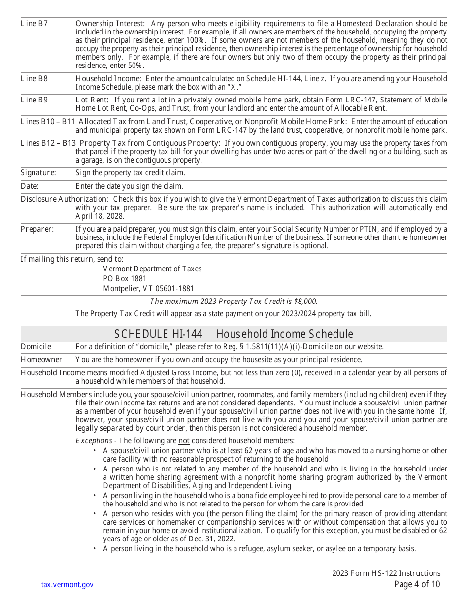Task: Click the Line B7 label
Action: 34,23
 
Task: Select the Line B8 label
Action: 34,78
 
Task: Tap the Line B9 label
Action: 34,100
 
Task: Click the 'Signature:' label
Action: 38,173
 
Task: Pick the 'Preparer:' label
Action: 37,229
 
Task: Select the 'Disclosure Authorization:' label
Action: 64,199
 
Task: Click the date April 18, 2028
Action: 100,216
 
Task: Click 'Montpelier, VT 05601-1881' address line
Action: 148,289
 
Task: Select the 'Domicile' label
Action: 35,347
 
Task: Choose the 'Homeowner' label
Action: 41,360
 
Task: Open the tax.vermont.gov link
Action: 67,585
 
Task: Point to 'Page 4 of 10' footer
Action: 417,585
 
